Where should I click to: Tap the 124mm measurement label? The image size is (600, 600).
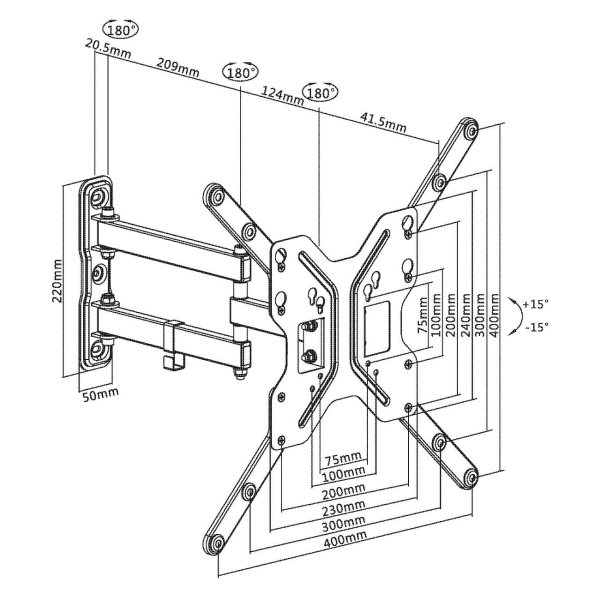283,96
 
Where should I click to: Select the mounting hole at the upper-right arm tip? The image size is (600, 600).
469,130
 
